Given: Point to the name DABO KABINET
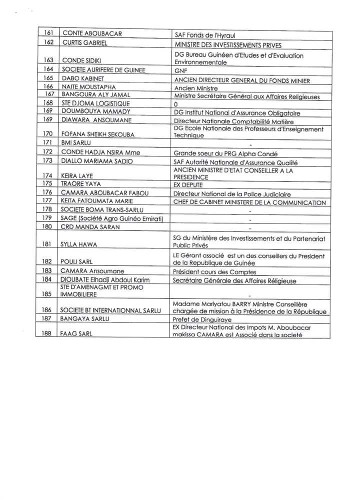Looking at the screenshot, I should pos(81,79).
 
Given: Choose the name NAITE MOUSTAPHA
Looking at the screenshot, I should pos(87,87).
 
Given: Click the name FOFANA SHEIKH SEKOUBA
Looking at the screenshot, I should pos(97,134).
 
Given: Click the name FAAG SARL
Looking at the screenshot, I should pos(76,334).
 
